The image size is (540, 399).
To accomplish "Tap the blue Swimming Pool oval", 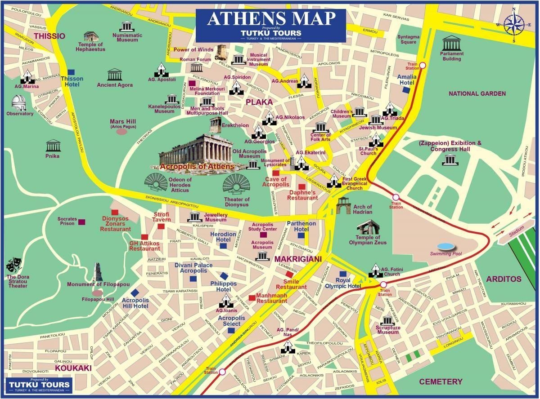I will [445, 246].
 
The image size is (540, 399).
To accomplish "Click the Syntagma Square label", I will [409, 39].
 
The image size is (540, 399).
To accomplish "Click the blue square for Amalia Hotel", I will [407, 90].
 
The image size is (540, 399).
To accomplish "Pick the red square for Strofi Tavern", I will [161, 226].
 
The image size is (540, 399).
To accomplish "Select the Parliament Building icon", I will [451, 44].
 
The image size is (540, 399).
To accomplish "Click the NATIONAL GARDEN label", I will [477, 94].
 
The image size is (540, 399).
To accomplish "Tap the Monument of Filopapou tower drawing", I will [98, 272].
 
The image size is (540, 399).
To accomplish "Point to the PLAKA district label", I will [259, 102].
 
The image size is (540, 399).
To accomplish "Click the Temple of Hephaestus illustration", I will [91, 36].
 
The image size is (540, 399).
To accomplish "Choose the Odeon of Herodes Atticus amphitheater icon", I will [155, 182].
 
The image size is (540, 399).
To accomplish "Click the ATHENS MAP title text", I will [271, 19].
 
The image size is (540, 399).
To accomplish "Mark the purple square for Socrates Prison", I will [82, 222].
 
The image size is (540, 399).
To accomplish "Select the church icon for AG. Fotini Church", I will [376, 270].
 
